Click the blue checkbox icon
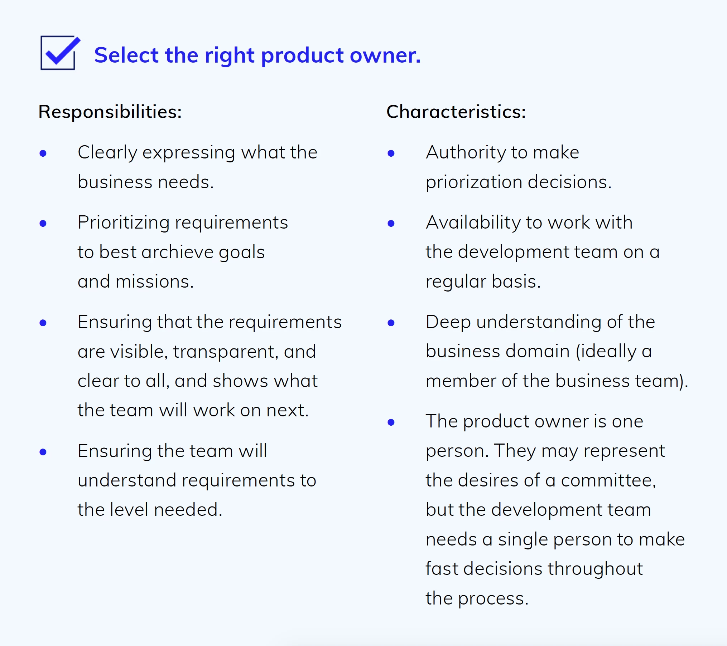59,53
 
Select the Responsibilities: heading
110,112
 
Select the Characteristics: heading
456,112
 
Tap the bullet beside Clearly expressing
43,153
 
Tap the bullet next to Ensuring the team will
43,452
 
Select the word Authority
466,153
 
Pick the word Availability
473,222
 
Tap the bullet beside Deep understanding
391,323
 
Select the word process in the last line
493,598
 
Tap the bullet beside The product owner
391,422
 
